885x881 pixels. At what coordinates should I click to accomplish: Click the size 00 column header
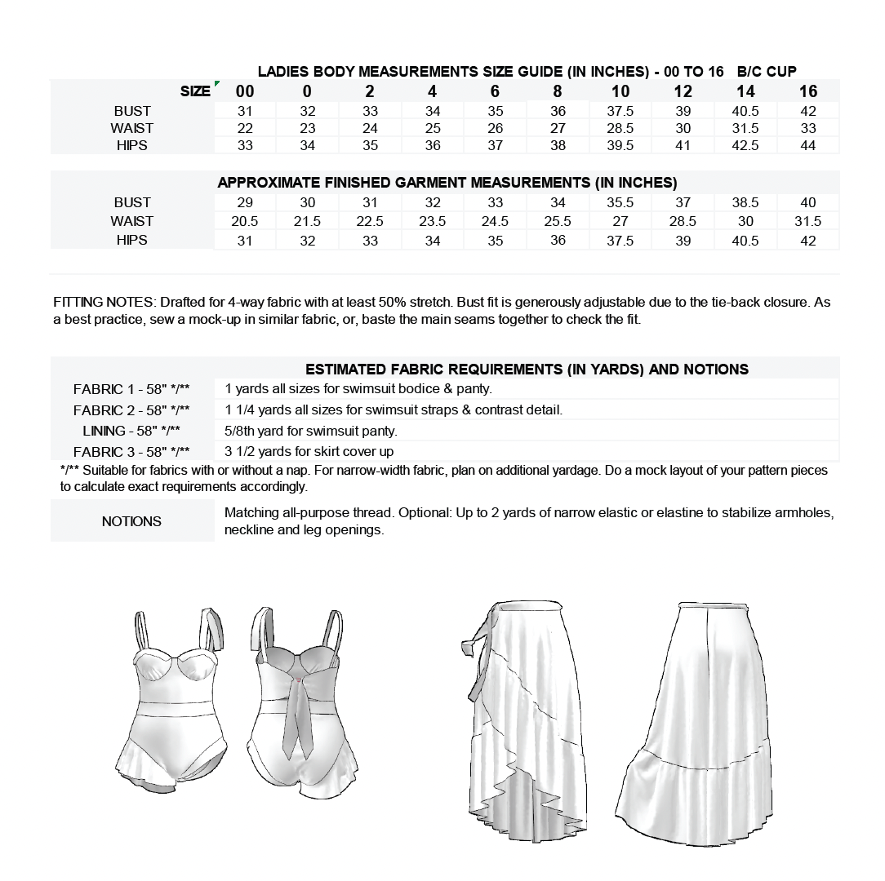click(x=245, y=91)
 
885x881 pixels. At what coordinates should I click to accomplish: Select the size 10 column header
click(x=620, y=91)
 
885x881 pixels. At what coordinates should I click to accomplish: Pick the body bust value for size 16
click(x=807, y=111)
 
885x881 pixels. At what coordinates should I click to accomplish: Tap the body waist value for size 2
click(x=370, y=128)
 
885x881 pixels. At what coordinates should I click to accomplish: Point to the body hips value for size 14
click(x=745, y=145)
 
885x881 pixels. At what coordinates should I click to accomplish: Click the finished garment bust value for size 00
click(x=245, y=202)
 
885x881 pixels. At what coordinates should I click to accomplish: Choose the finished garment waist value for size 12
click(x=683, y=221)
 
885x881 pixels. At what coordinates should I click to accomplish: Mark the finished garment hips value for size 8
click(x=558, y=240)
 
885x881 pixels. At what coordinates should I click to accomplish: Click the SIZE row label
click(x=195, y=91)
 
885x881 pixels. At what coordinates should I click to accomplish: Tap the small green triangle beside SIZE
click(x=216, y=83)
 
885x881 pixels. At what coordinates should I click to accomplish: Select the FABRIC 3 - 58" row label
click(x=131, y=452)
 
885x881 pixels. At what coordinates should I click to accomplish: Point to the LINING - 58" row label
click(x=131, y=431)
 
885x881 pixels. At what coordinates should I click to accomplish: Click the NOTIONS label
click(x=131, y=521)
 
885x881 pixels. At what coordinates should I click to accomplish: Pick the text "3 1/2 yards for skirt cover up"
click(x=309, y=452)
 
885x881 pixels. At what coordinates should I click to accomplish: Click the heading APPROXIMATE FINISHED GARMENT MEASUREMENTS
click(x=447, y=183)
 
